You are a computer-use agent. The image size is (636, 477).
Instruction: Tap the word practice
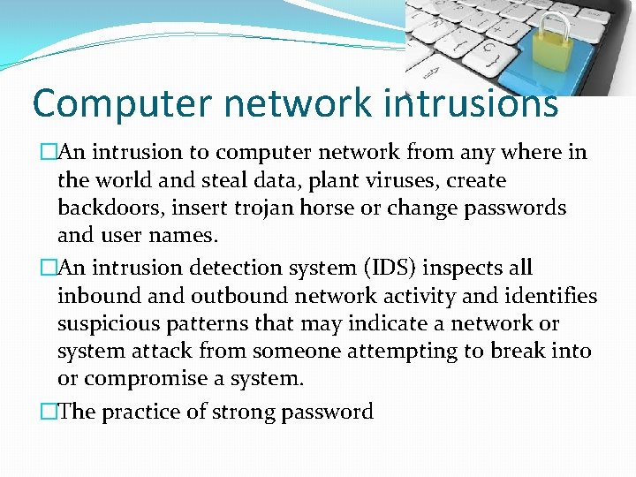click(145, 412)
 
